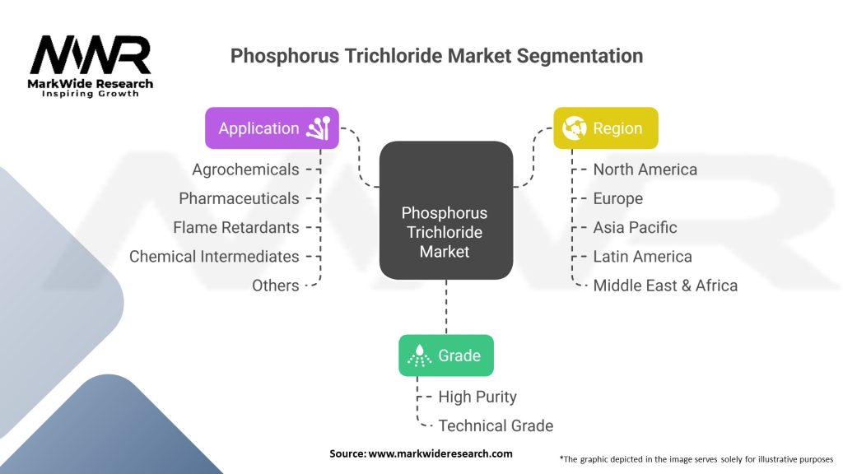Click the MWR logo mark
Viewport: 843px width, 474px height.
[91, 55]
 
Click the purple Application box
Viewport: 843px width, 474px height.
[272, 128]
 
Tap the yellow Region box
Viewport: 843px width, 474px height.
[606, 128]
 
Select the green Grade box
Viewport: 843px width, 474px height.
[446, 355]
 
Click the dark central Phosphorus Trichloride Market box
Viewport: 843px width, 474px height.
[446, 210]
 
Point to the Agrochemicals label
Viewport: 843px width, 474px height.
[245, 170]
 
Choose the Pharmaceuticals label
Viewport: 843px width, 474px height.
[239, 198]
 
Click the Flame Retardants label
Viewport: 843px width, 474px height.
[236, 227]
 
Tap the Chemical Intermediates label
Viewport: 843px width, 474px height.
[214, 257]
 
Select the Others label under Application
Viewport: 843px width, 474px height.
[275, 286]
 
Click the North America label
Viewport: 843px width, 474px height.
[645, 170]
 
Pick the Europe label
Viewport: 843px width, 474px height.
[617, 198]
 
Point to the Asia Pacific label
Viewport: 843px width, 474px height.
[635, 227]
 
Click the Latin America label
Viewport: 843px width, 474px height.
[642, 257]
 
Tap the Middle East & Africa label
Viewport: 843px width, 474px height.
[665, 286]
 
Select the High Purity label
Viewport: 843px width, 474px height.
[477, 397]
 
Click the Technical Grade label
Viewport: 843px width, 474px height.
[496, 425]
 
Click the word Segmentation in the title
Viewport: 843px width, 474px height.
[580, 56]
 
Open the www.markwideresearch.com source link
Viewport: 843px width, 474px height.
[440, 453]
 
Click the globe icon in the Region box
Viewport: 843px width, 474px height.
[574, 128]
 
